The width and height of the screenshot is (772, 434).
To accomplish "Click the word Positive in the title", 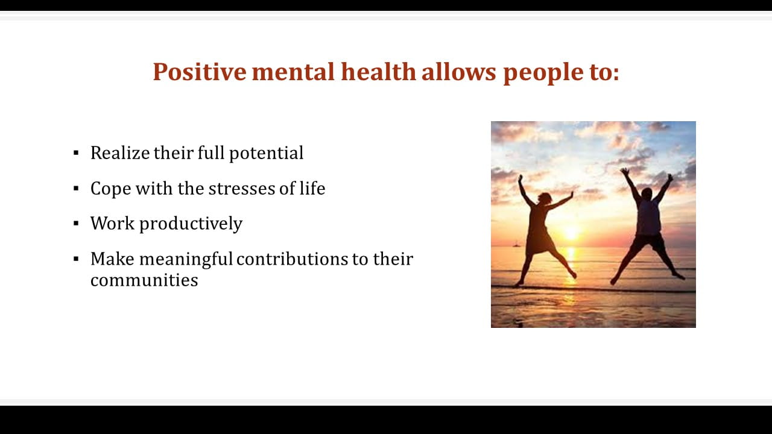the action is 200,72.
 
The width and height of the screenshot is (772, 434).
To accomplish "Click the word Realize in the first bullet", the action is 120,153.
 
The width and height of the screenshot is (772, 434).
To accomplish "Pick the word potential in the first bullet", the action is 266,154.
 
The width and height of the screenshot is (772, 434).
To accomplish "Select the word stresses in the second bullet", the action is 241,189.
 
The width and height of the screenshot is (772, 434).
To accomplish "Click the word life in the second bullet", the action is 312,188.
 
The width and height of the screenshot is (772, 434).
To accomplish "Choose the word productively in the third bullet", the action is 191,224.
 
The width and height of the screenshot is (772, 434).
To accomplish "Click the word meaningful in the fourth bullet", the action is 186,259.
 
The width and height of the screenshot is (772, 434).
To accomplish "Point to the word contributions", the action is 293,259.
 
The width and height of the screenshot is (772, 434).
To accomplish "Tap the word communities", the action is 144,280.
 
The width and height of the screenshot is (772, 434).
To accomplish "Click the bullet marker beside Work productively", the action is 76,224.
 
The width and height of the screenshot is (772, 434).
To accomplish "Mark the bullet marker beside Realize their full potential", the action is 76,153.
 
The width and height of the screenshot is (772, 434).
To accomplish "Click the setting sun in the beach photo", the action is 571,233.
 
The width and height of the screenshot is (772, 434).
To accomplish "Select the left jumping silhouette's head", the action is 545,198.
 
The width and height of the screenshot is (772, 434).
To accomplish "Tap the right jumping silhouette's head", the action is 647,193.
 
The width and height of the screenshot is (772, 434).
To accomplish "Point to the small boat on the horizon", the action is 516,244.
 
